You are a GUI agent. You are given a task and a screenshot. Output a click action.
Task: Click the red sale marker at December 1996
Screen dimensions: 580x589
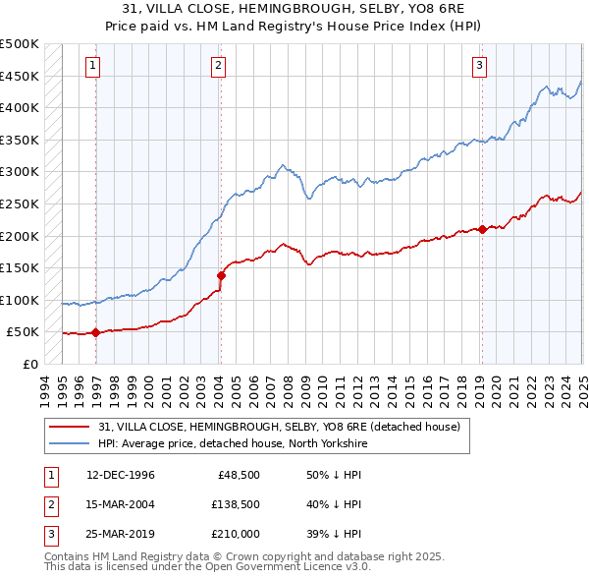coord(96,333)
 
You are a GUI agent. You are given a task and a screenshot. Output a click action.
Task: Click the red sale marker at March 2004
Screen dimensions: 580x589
coord(221,275)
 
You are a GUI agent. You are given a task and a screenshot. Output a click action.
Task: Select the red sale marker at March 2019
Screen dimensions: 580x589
coord(482,230)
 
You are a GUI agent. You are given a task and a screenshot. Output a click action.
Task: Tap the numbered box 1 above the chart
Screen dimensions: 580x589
coord(92,66)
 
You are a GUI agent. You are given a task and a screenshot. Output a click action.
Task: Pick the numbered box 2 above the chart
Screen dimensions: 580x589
coord(217,66)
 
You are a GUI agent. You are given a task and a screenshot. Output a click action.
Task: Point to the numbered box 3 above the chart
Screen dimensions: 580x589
coord(479,66)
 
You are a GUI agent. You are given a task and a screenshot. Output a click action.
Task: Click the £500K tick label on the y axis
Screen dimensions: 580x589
coord(20,44)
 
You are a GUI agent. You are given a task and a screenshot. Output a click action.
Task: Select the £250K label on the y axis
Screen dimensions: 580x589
coord(20,203)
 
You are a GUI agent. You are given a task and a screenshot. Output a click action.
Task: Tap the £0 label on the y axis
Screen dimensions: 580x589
coord(31,364)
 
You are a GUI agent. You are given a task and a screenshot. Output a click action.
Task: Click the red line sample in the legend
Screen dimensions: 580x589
coord(71,426)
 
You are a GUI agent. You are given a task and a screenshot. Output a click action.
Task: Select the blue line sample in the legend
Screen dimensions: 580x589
coord(71,442)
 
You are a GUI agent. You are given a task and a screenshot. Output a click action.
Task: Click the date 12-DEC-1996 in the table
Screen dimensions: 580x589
coord(121,475)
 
